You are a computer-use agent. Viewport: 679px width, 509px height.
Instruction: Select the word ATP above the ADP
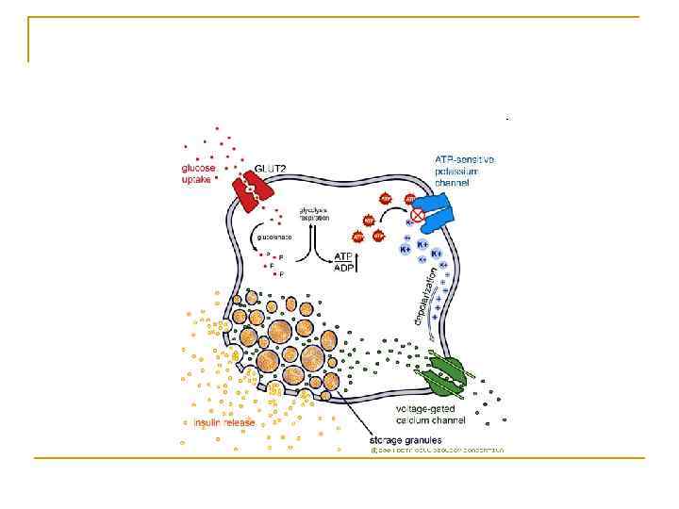pos(346,255)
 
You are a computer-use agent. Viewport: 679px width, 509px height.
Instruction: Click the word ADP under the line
pos(346,268)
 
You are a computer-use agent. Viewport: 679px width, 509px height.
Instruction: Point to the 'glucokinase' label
pos(274,238)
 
